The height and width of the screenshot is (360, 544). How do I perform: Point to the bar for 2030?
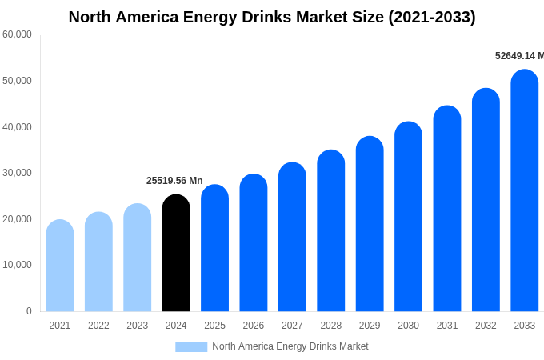[408, 216]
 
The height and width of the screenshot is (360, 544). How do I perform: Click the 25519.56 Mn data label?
[174, 181]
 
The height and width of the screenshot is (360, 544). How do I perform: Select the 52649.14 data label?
[518, 56]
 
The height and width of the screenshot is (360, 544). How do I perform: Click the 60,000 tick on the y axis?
[17, 34]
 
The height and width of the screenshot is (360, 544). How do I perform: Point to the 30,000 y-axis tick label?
[17, 173]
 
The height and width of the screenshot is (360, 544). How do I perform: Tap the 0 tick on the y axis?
[29, 311]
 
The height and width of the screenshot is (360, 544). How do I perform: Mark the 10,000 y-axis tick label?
[17, 265]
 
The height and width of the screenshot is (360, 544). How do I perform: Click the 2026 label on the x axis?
[254, 326]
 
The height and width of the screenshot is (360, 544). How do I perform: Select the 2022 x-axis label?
[98, 326]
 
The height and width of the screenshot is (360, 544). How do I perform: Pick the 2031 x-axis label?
[447, 326]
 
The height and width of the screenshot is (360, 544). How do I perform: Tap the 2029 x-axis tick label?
[370, 326]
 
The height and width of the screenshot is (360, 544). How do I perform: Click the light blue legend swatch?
[191, 347]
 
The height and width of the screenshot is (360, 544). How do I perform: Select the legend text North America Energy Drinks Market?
[290, 346]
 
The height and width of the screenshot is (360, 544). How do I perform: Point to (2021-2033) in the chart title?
[432, 17]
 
